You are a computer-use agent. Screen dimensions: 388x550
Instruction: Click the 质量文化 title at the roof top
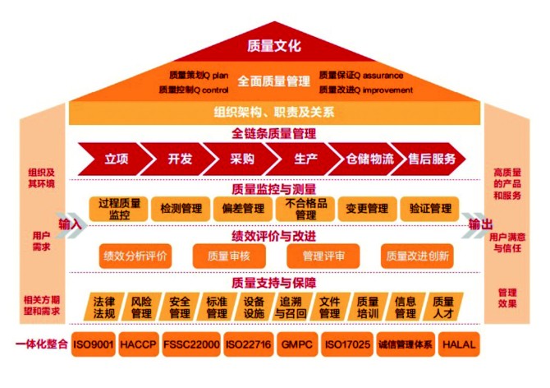coord(274,45)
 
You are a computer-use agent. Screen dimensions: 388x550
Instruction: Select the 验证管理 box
coord(430,209)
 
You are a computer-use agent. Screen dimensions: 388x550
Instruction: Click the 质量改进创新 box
coord(417,256)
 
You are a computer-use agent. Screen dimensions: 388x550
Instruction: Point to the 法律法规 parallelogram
coord(103,307)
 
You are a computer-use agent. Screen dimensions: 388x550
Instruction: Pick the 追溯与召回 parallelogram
coord(291,307)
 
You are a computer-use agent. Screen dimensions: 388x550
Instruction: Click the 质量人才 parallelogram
coord(443,307)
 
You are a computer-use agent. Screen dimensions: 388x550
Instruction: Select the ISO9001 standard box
coord(92,344)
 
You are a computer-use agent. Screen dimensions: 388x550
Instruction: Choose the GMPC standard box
coord(292,344)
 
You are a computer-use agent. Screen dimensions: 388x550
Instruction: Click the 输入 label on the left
coord(70,224)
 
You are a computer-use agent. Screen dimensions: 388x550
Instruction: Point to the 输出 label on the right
coord(480,224)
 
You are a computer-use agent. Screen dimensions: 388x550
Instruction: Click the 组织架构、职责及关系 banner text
coord(274,112)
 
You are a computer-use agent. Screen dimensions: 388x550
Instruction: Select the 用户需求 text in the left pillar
coord(40,240)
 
